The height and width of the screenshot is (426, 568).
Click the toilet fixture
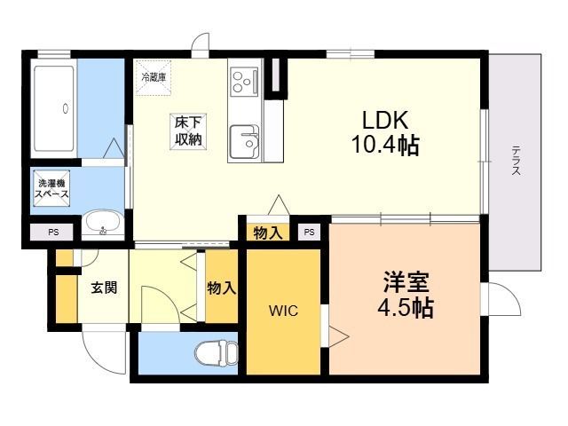(x=217, y=354)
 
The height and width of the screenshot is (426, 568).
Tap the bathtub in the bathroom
(x=54, y=108)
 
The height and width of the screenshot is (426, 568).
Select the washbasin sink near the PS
(x=103, y=224)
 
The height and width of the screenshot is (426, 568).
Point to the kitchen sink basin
(x=244, y=142)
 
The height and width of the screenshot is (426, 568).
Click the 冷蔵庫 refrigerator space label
(x=154, y=77)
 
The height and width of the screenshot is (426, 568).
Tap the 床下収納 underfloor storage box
(x=188, y=131)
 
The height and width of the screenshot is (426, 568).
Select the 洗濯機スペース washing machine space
(x=51, y=188)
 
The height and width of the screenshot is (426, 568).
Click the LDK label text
(x=385, y=120)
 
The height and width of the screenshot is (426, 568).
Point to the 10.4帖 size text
(x=385, y=146)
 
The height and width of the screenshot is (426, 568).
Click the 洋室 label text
(x=406, y=282)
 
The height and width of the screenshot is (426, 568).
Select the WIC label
(x=283, y=311)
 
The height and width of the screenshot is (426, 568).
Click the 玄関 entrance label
(x=104, y=288)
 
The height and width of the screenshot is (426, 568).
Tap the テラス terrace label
(x=517, y=161)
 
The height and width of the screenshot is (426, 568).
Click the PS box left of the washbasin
(x=52, y=233)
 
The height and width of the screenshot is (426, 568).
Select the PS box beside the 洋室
(x=309, y=233)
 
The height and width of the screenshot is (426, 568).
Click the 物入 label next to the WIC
(x=221, y=288)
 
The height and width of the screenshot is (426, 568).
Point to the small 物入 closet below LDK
(x=268, y=233)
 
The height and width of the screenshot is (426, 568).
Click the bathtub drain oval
(x=66, y=108)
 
